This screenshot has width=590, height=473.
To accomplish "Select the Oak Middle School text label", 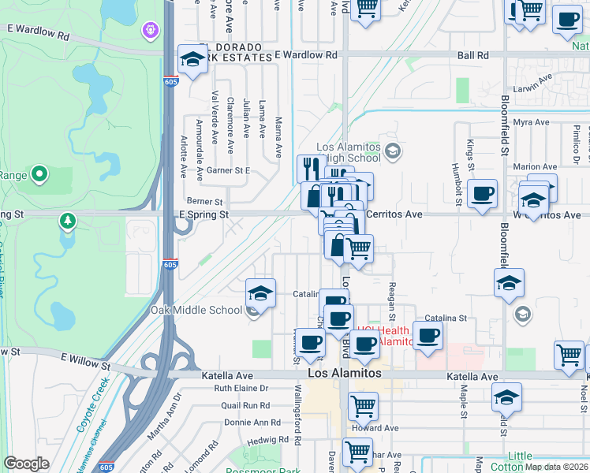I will [x=196, y=310].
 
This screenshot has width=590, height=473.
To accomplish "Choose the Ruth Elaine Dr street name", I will [x=241, y=389].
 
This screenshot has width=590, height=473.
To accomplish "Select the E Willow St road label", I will [x=85, y=359].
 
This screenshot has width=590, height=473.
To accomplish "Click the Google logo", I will [x=26, y=464].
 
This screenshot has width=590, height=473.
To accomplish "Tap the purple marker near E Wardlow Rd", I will [x=150, y=30].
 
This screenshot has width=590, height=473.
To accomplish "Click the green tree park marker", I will [x=69, y=221].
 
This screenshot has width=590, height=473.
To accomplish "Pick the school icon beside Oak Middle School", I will [x=261, y=292].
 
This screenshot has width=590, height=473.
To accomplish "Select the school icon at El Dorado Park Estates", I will [x=192, y=59].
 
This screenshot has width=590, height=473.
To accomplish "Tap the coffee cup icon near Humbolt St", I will [x=482, y=193].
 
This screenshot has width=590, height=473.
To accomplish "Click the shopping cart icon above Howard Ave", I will [x=363, y=406].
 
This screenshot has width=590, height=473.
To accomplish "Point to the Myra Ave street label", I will [x=530, y=122].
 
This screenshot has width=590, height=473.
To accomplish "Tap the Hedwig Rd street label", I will [x=263, y=441].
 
